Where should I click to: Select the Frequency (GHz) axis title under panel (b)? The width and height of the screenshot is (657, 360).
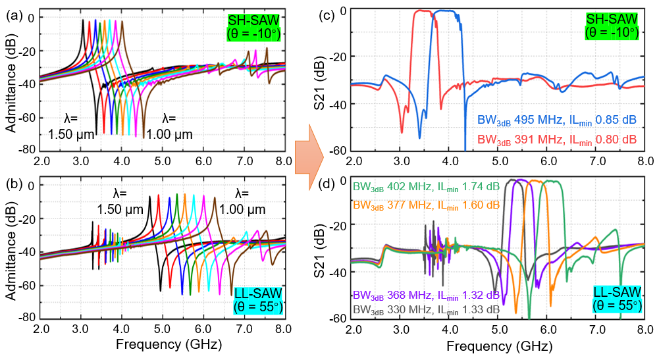coord(164,344)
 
